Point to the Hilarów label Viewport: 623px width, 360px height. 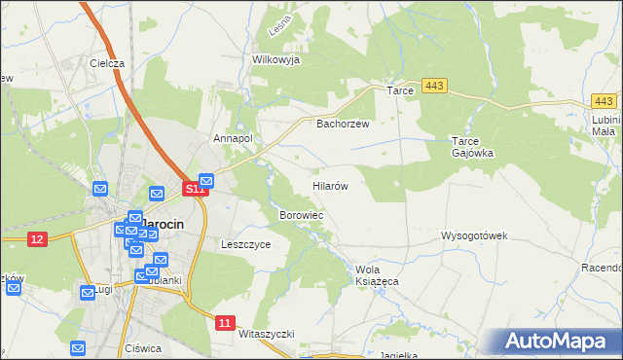[330, 184]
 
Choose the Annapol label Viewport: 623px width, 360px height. [233, 138]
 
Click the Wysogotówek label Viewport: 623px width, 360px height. [475, 235]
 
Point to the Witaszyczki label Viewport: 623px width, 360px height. [266, 333]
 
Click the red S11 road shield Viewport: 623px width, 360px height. [196, 189]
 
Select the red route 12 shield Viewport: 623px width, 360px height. [38, 239]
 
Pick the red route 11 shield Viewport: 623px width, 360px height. [226, 322]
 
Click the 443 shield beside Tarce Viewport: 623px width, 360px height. [435, 88]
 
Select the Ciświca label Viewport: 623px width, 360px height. [142, 347]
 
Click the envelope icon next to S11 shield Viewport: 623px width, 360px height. [206, 181]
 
